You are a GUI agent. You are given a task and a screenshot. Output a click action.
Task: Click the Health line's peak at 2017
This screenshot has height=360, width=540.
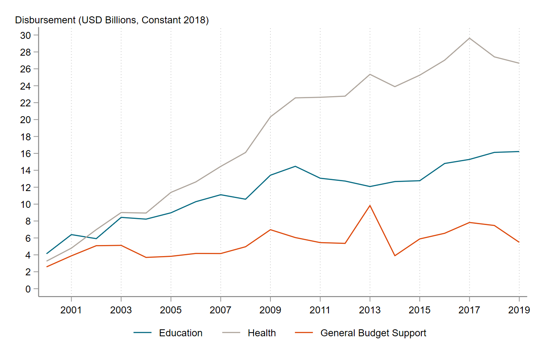point(469,38)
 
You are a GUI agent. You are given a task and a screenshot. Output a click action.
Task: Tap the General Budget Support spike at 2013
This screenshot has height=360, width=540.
point(370,205)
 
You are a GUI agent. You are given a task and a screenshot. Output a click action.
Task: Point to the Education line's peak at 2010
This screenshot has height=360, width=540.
point(295,166)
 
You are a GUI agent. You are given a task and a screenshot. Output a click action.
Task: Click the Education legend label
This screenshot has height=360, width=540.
point(180,333)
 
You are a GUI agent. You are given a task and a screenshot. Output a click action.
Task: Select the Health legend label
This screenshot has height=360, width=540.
point(261,333)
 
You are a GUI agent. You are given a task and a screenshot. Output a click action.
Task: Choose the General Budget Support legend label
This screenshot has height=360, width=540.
point(373,333)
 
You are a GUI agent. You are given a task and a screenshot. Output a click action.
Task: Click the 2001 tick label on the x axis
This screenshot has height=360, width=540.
point(71,310)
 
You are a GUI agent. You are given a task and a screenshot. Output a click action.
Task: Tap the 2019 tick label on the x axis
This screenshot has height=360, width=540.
point(519,310)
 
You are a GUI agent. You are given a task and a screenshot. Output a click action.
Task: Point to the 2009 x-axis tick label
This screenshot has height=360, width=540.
point(270,310)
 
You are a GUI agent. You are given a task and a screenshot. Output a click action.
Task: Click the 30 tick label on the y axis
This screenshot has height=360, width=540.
point(25,35)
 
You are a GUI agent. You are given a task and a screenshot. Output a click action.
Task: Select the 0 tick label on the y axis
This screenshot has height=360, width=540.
point(28,289)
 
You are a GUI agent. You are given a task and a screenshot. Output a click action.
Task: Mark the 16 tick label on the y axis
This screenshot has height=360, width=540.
point(25,153)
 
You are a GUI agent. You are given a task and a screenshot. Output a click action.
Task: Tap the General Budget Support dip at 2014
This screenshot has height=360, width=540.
point(395,256)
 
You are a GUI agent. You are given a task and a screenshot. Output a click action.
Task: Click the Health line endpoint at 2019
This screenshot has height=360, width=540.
point(519,63)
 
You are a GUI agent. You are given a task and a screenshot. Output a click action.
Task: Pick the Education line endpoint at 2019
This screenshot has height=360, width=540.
point(519,151)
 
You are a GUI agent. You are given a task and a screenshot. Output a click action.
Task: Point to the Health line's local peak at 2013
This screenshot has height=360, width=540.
point(370,74)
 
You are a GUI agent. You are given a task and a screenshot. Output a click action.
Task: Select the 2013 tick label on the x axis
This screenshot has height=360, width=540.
point(370,310)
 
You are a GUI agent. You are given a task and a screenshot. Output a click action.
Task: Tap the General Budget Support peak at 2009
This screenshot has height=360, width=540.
point(270,229)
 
